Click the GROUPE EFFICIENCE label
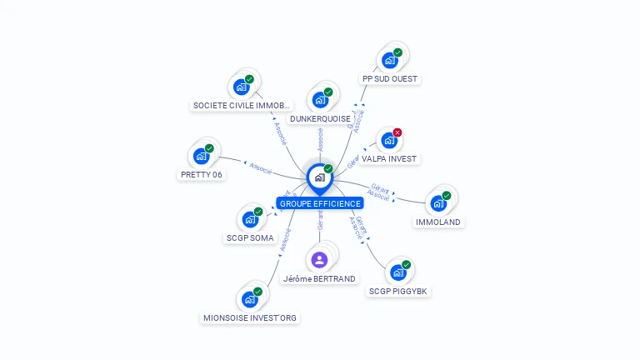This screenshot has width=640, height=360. coord(321,203)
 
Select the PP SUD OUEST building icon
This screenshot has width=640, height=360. coord(389,60)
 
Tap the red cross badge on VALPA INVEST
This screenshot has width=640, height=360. coord(397,132)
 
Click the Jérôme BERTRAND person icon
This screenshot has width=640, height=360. coord(319,259)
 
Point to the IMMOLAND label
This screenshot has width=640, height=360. coord(439,222)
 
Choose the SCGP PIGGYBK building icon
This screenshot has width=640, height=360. coord(398,272)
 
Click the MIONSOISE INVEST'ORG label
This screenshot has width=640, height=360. coord(250,318)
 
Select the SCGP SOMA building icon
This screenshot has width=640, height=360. coord(249,219)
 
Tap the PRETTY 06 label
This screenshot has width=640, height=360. coord(202,175)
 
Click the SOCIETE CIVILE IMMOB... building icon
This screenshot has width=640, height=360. coord(241,87)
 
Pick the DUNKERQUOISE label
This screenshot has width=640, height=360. coord(321,119)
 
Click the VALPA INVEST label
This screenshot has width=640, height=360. coord(389,158)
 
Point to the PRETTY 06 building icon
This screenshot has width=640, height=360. coord(200,156)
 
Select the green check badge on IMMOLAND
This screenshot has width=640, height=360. coord(447,196)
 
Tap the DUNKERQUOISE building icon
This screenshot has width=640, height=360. coord(320,100)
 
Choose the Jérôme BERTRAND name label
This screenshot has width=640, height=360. coord(320,279)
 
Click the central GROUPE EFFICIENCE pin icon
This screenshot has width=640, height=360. coord(319,177)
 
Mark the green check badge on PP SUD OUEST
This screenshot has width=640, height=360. coord(397,52)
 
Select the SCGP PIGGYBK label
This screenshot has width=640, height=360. coord(400,292)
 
